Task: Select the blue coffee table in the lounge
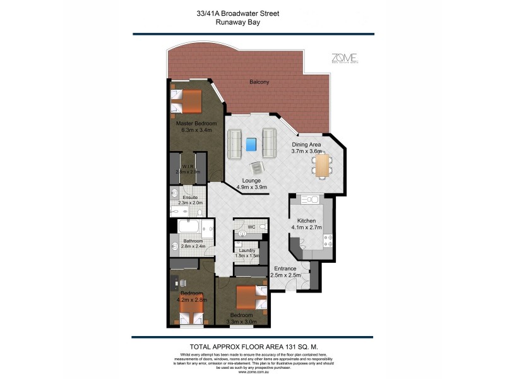tap(252, 145)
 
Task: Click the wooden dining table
tap(322, 166)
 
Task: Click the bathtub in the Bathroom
tap(189, 227)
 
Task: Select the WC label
tap(250, 226)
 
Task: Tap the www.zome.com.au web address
tap(252, 372)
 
